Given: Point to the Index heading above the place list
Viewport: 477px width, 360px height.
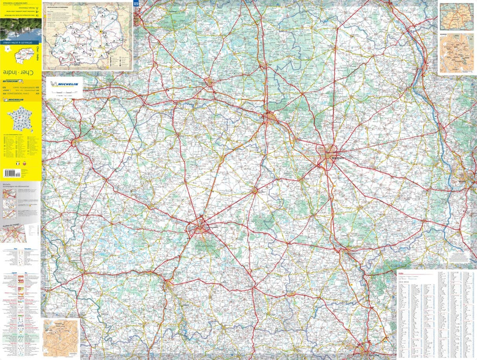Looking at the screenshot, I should click(x=402, y=274).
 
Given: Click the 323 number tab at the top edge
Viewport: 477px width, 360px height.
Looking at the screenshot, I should click(x=136, y=4).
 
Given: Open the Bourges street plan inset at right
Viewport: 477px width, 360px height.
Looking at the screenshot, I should click(x=457, y=54).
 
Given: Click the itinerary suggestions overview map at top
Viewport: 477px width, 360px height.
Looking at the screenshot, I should click(x=88, y=35).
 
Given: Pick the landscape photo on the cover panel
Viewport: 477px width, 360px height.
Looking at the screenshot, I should click(x=20, y=29).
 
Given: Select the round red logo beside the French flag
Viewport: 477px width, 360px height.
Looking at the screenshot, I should click(x=25, y=164).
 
